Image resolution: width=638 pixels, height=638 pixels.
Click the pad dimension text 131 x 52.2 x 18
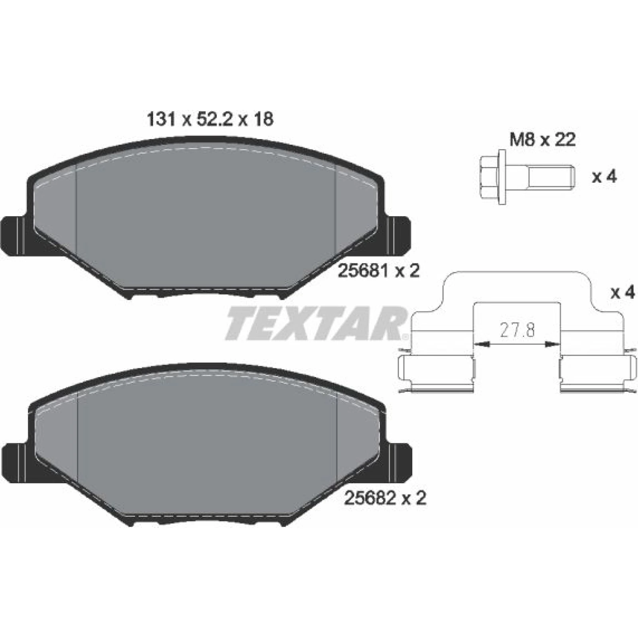tap(210, 119)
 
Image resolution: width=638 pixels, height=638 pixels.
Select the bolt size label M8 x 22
tap(543, 140)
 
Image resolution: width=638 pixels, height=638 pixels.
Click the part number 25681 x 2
tap(379, 271)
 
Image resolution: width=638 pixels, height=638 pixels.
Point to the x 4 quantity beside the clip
tap(622, 293)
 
